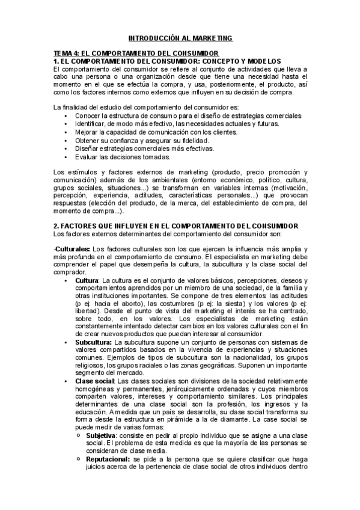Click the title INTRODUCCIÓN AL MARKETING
[180, 38]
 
